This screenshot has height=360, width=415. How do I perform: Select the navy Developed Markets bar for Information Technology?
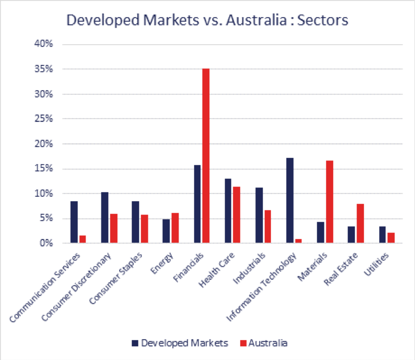[289, 200]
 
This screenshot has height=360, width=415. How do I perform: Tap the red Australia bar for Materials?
[329, 202]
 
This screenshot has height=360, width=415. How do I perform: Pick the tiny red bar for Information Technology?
[299, 241]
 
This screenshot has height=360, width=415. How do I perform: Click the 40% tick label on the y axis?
[45, 45]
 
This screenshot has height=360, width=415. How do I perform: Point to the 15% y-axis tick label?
[45, 169]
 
